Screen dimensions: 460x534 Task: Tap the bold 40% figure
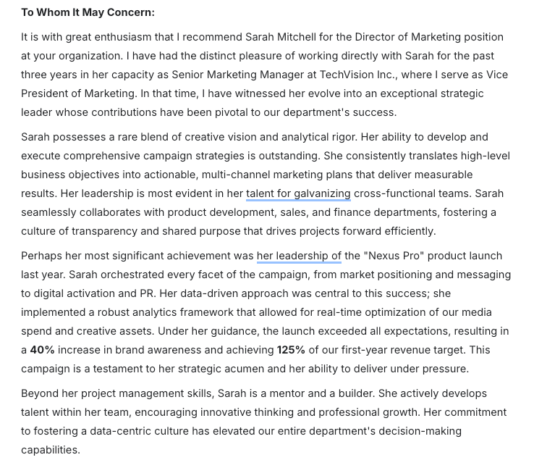click(x=43, y=350)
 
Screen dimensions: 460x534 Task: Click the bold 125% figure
click(x=291, y=350)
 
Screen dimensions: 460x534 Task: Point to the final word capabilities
click(x=50, y=450)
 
